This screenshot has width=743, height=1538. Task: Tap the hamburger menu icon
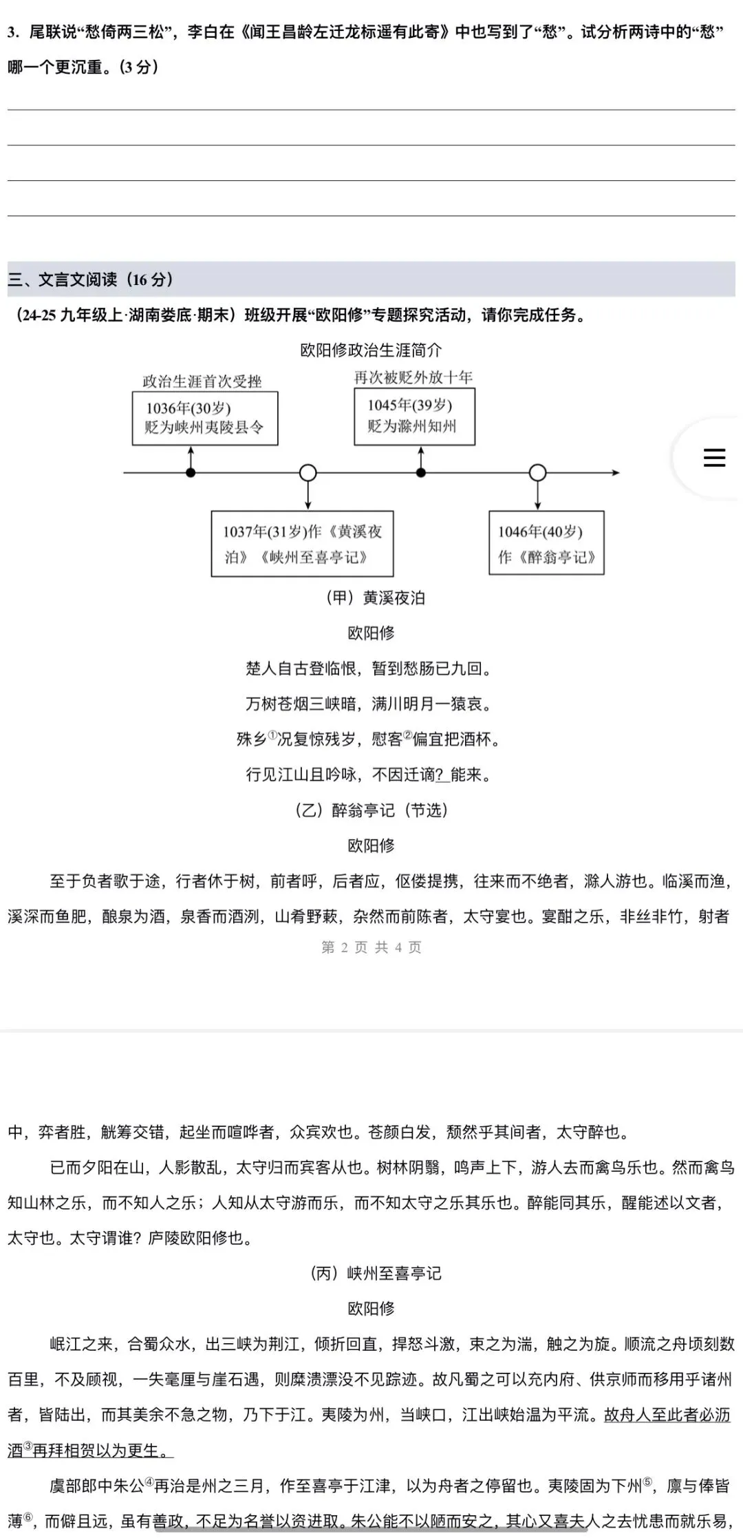(714, 458)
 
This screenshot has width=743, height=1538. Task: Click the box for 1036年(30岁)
(205, 418)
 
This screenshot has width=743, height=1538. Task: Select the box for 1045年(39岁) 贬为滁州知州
(414, 416)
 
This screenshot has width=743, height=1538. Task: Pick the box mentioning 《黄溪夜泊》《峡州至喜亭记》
(302, 543)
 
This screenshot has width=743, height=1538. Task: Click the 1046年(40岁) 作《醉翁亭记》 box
(546, 543)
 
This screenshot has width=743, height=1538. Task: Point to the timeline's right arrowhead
(616, 473)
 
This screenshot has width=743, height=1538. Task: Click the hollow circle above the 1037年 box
(308, 473)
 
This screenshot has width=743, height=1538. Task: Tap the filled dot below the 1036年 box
(191, 473)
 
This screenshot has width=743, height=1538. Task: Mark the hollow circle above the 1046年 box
(537, 473)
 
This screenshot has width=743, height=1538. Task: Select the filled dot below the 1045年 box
(421, 473)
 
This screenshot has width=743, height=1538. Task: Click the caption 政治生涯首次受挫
(202, 381)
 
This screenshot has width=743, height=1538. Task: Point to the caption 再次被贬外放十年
(413, 377)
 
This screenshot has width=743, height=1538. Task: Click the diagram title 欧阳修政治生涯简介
(371, 350)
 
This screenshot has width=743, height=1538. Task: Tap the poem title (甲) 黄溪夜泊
(376, 598)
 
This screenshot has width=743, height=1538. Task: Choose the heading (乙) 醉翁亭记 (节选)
(371, 810)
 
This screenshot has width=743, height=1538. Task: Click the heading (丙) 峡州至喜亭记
(376, 1273)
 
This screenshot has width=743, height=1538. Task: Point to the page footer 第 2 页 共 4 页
(371, 947)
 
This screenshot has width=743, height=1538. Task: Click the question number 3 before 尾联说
(12, 32)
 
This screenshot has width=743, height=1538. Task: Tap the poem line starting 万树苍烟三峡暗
(370, 704)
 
